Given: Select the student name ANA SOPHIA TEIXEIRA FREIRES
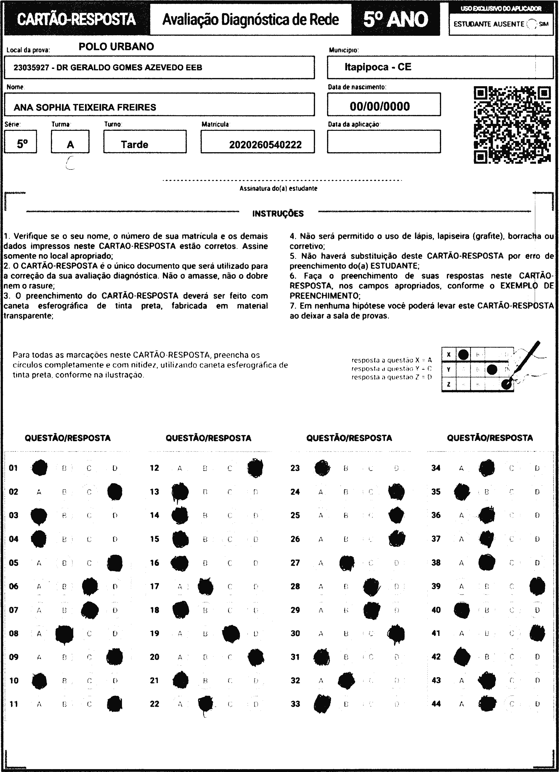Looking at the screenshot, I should pyautogui.click(x=85, y=107).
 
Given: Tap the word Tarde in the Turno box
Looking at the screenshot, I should pyautogui.click(x=134, y=145).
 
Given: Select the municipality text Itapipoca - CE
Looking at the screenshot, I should pyautogui.click(x=378, y=67).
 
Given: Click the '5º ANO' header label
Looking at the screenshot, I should pyautogui.click(x=395, y=19).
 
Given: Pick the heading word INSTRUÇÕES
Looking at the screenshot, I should pyautogui.click(x=278, y=214).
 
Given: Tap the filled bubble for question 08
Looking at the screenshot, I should pyautogui.click(x=64, y=633).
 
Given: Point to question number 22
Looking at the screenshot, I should pyautogui.click(x=155, y=704).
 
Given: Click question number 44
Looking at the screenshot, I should pyautogui.click(x=436, y=704).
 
